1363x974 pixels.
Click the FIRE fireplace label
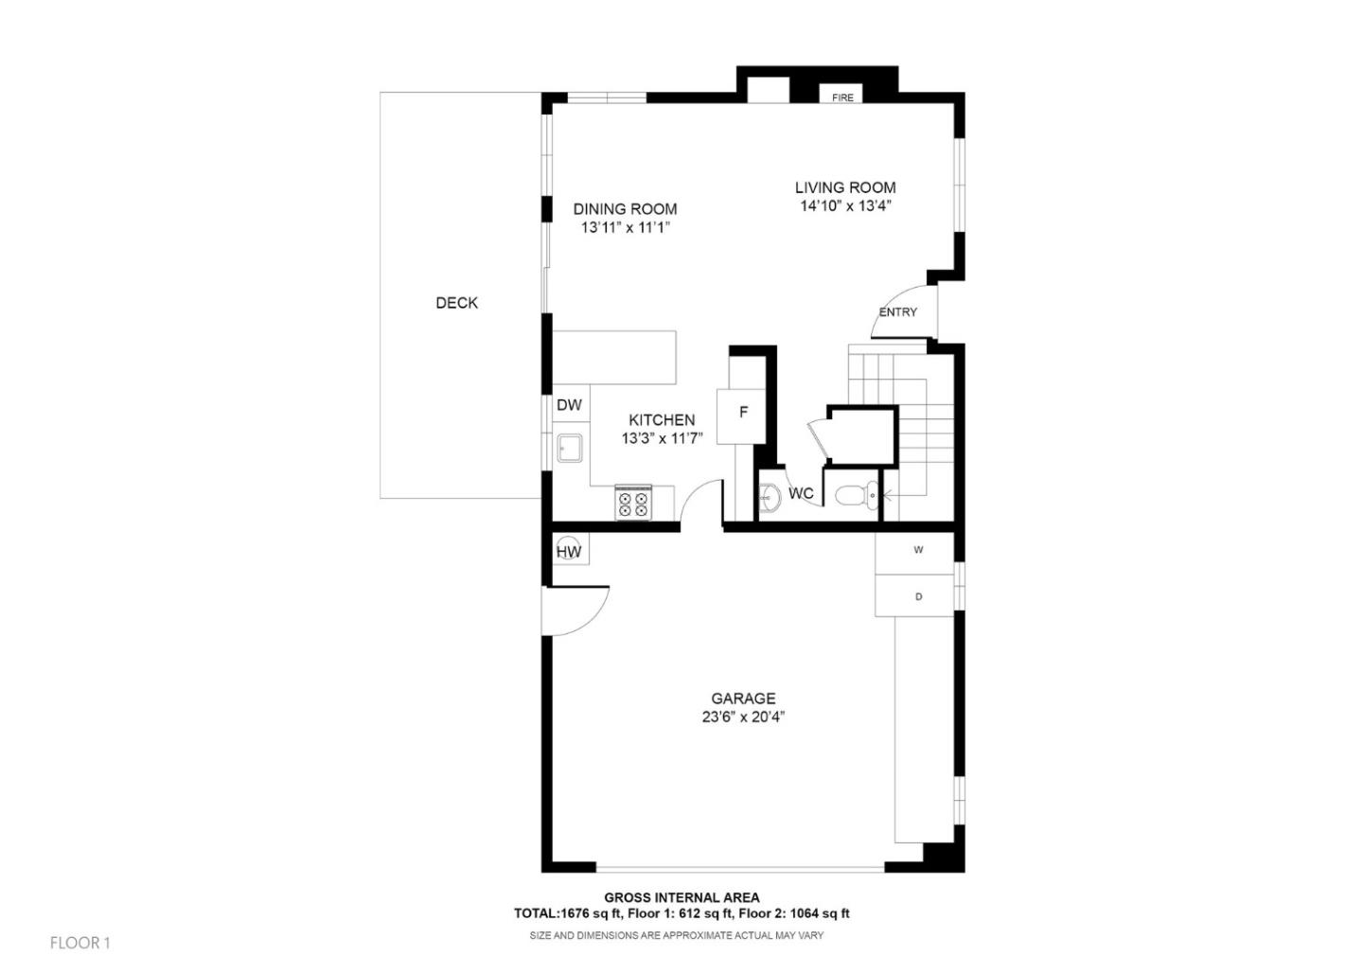tap(842, 97)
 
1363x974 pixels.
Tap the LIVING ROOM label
tap(844, 187)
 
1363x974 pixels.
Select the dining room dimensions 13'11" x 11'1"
tap(625, 227)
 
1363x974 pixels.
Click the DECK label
tap(456, 303)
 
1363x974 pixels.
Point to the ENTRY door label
tap(897, 312)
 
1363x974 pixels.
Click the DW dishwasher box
tap(570, 405)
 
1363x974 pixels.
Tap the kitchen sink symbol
tap(570, 448)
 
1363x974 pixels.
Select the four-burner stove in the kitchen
tap(633, 503)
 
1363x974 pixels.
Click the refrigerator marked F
tap(742, 414)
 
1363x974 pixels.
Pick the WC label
tap(801, 493)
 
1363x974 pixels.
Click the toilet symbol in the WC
tap(855, 494)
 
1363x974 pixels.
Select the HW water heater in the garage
tap(568, 551)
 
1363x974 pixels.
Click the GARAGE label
tap(743, 699)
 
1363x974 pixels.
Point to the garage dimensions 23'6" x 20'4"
tap(743, 717)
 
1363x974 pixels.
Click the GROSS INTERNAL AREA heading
tap(681, 897)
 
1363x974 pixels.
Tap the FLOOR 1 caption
tap(80, 943)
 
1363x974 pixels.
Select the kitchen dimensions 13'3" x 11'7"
tap(662, 438)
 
